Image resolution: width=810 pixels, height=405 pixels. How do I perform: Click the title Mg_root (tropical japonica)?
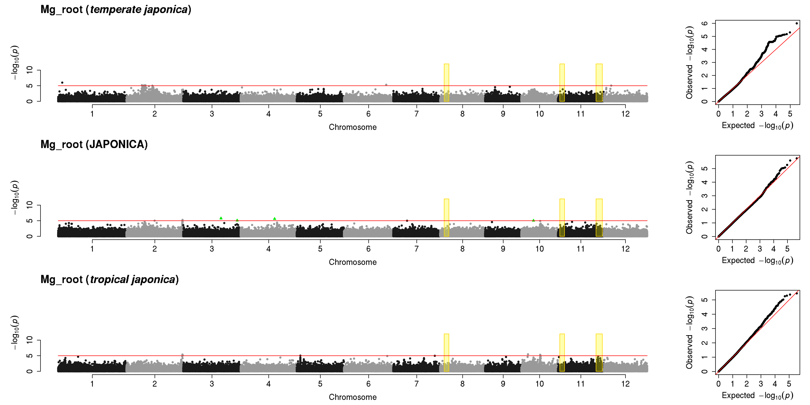pos(109,280)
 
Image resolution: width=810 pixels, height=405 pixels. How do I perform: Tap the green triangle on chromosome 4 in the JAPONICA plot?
pos(274,219)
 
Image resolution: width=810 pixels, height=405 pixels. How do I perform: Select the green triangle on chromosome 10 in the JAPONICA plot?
pos(533,220)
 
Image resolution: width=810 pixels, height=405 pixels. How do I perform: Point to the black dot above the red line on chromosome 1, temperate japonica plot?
pos(62,83)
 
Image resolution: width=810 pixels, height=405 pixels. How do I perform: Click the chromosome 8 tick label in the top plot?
pos(462,114)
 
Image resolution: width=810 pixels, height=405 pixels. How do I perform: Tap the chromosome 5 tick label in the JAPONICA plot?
pos(320,249)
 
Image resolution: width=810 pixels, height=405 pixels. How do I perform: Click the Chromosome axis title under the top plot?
pos(353,127)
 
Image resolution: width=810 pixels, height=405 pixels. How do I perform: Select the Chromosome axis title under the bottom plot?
pos(353,397)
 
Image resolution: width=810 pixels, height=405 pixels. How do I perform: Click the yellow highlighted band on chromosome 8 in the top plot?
pos(446,83)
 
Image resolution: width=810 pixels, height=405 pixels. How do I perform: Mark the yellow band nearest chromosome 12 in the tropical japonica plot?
pos(599,353)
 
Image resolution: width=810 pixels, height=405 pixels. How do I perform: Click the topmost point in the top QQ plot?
pos(796,23)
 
